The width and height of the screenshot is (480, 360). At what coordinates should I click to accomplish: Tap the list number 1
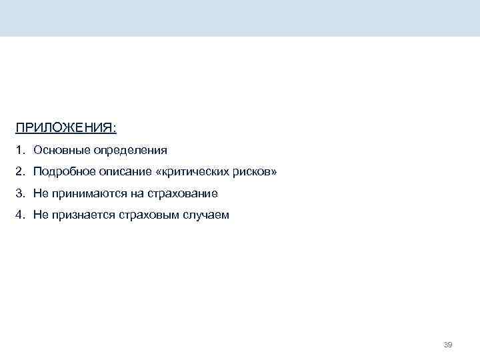coord(21,150)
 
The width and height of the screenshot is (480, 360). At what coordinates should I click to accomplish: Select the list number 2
coord(21,172)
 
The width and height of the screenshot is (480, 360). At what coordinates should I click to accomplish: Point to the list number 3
coord(21,194)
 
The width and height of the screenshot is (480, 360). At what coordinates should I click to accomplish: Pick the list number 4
coord(21,216)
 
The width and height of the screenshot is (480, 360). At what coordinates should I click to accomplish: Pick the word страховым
coord(145,216)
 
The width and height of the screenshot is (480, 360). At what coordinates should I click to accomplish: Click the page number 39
coord(448,345)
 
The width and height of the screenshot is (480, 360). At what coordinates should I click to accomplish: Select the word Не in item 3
coord(41,194)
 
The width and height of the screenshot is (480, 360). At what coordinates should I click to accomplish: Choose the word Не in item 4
coord(41,216)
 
